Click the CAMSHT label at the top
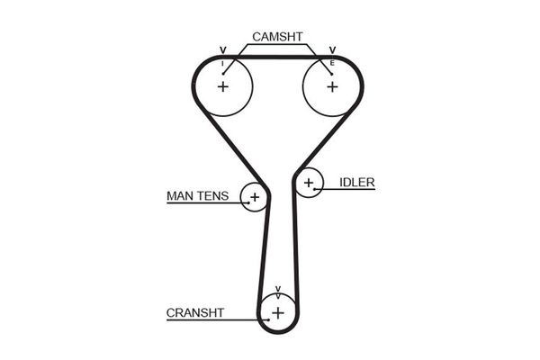tap(278, 37)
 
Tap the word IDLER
tap(357, 182)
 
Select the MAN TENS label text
tap(198, 195)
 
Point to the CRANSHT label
tap(194, 313)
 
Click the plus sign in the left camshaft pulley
tap(222, 86)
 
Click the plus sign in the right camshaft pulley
tap(332, 86)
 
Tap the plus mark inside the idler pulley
tap(309, 184)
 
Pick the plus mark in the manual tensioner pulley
tap(254, 196)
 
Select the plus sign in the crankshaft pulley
tap(278, 312)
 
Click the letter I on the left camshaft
tap(222, 63)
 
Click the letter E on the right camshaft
tap(332, 63)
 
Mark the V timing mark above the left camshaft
tap(222, 50)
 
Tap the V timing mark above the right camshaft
tap(332, 50)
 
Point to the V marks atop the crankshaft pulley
tap(278, 291)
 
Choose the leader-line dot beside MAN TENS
tap(245, 203)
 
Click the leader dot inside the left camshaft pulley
tap(222, 73)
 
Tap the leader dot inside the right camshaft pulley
tap(332, 73)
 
